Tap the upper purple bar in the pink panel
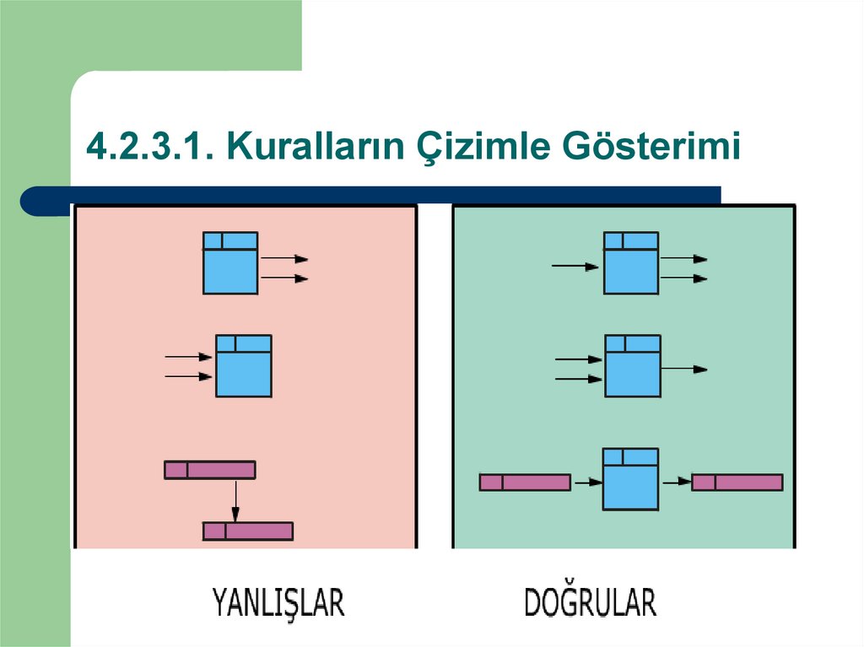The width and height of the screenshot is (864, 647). (209, 470)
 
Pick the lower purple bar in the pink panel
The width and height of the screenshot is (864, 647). (248, 531)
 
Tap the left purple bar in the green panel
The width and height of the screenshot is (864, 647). (525, 483)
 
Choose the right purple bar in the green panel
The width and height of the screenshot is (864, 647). (737, 483)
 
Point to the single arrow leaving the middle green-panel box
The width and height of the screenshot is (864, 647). (684, 369)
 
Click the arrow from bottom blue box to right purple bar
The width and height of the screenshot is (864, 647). (675, 483)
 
